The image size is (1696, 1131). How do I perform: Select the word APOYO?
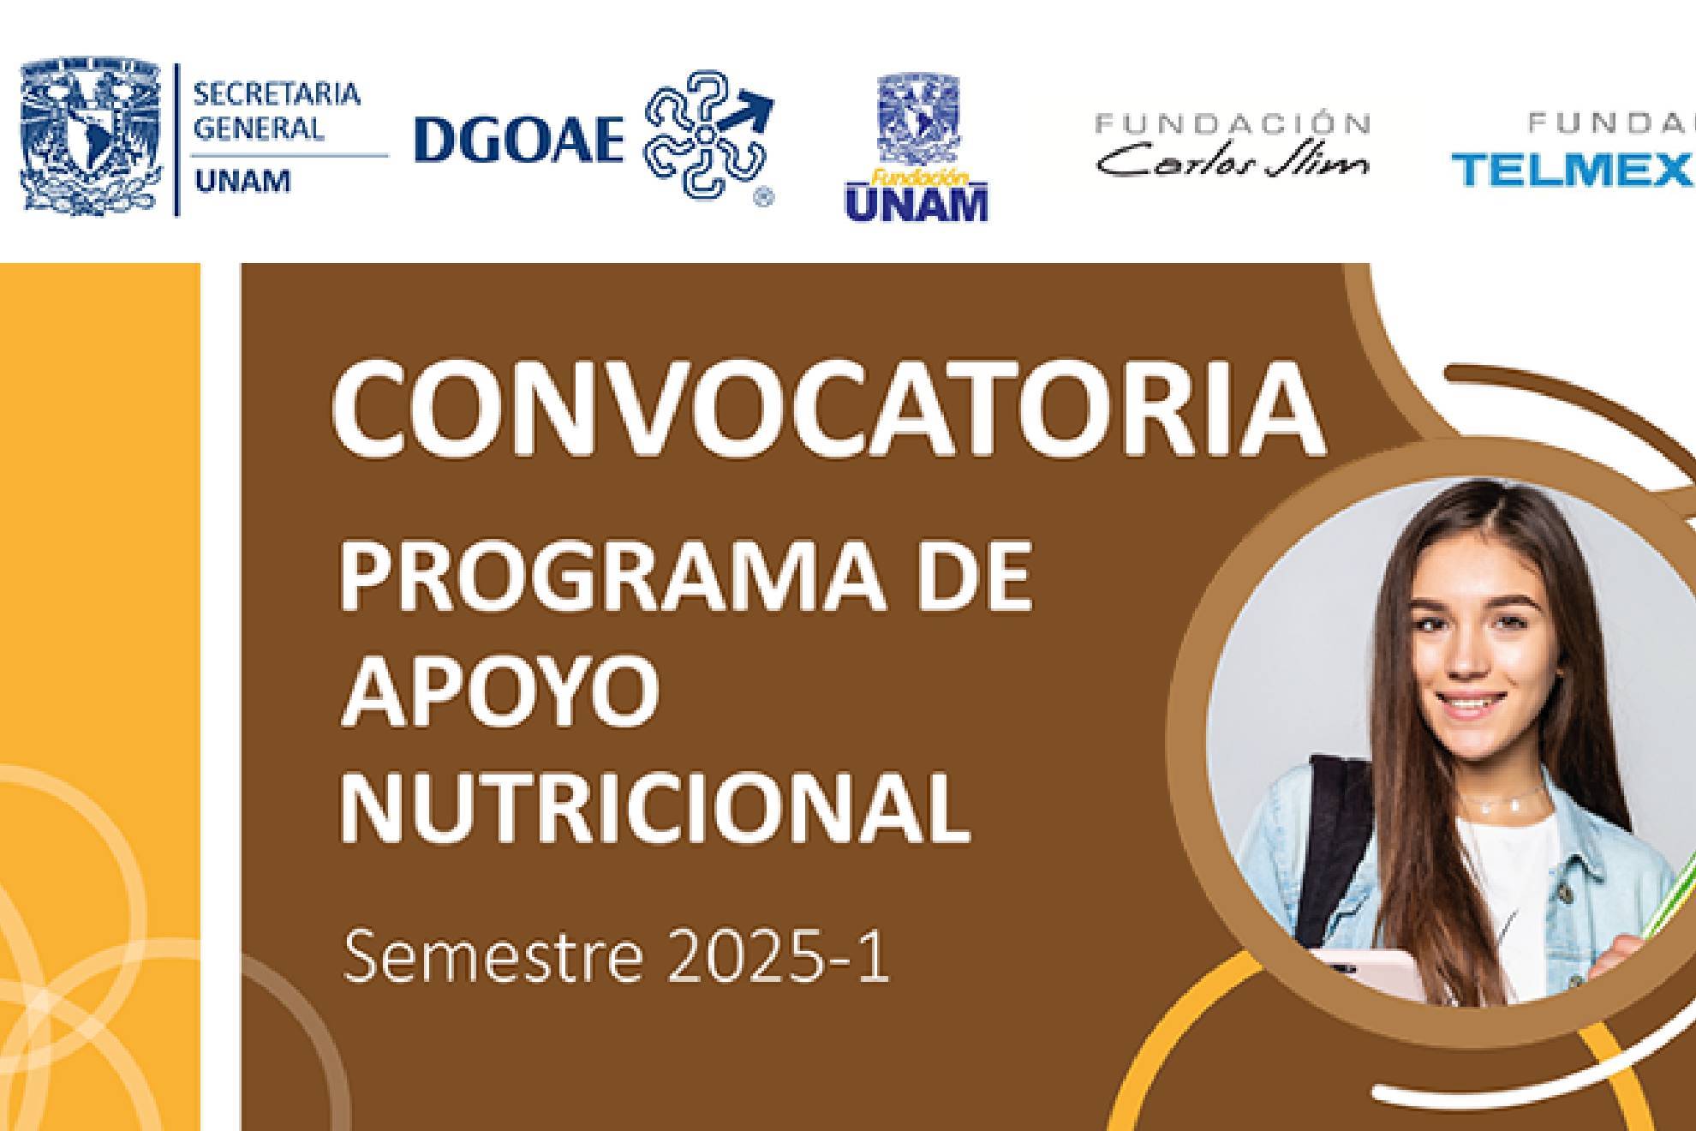[500, 691]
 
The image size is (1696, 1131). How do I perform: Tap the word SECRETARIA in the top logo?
[277, 94]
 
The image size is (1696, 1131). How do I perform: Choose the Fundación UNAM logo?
[917, 150]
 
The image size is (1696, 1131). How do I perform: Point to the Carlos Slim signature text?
[1233, 160]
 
